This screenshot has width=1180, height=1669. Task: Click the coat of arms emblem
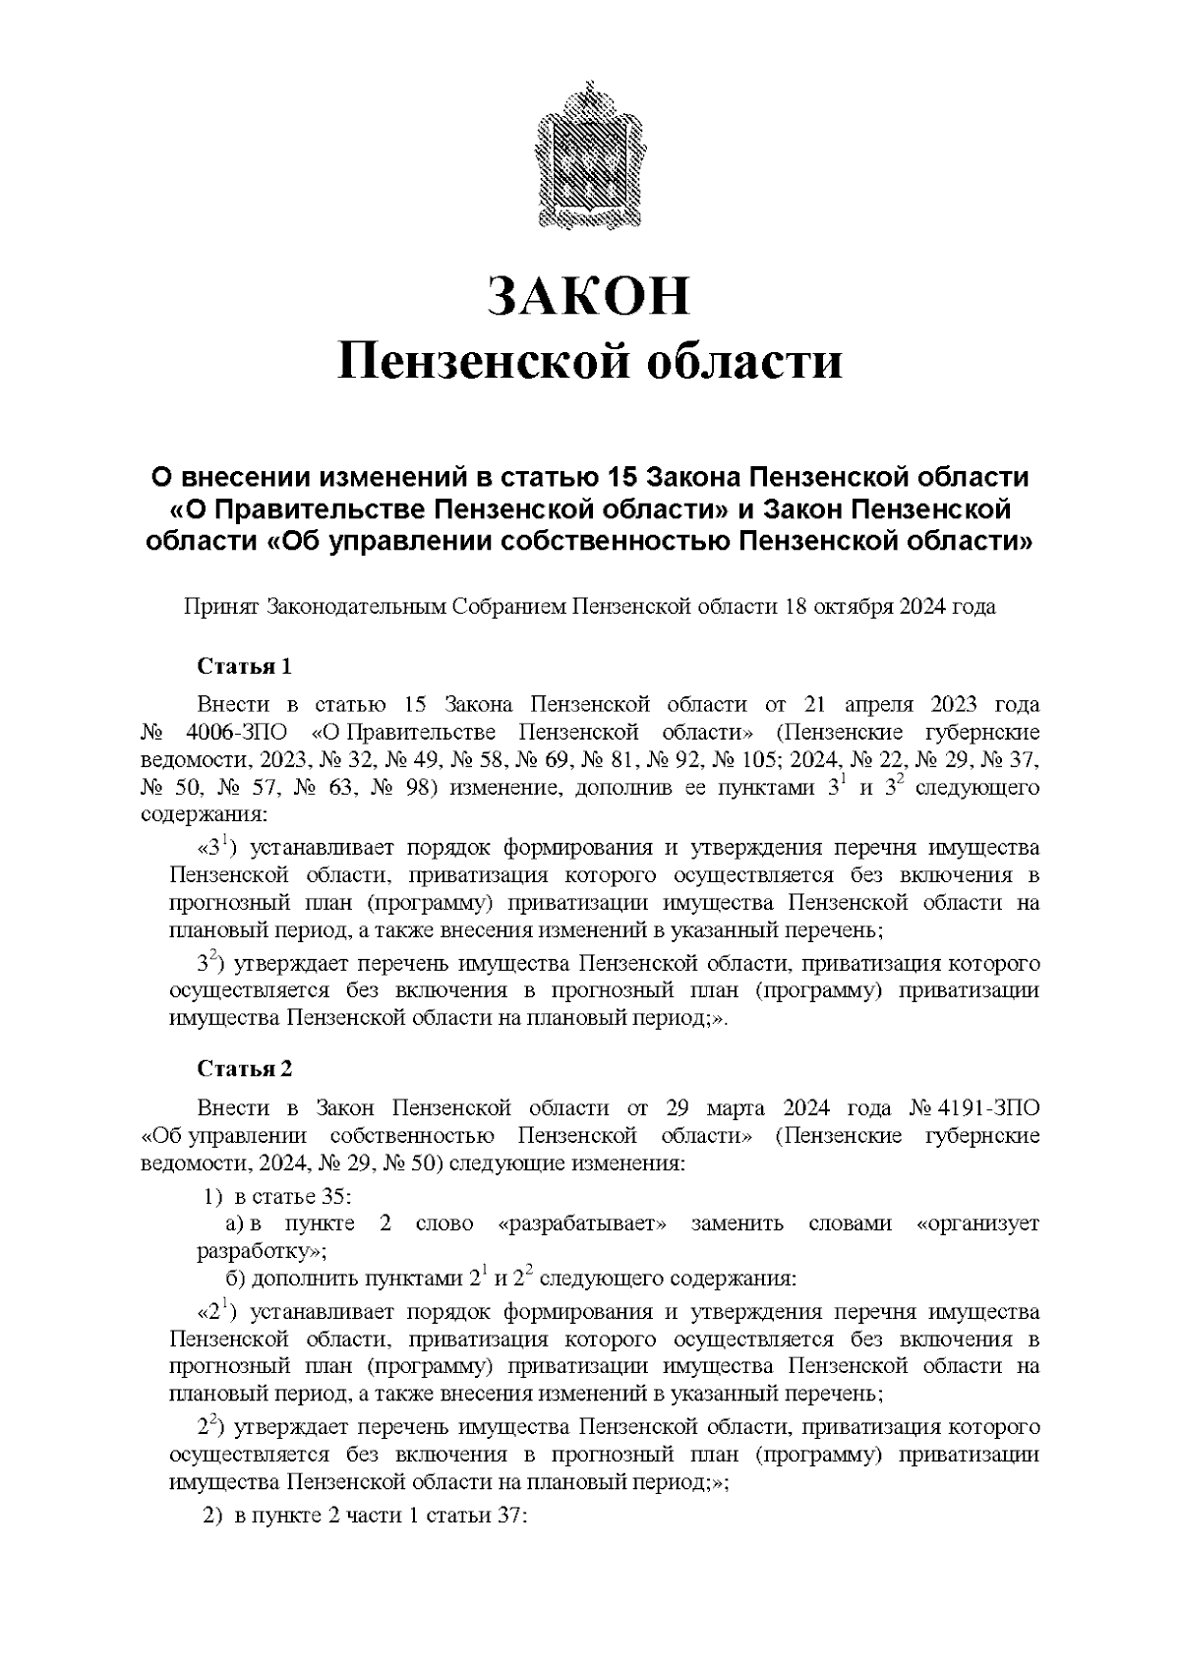589,159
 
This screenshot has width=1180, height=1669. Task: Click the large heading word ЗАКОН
590,297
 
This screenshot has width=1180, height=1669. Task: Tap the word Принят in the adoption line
221,606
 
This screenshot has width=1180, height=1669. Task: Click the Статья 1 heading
245,667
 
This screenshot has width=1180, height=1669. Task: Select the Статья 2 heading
245,1069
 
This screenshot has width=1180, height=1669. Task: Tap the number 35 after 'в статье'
334,1197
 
